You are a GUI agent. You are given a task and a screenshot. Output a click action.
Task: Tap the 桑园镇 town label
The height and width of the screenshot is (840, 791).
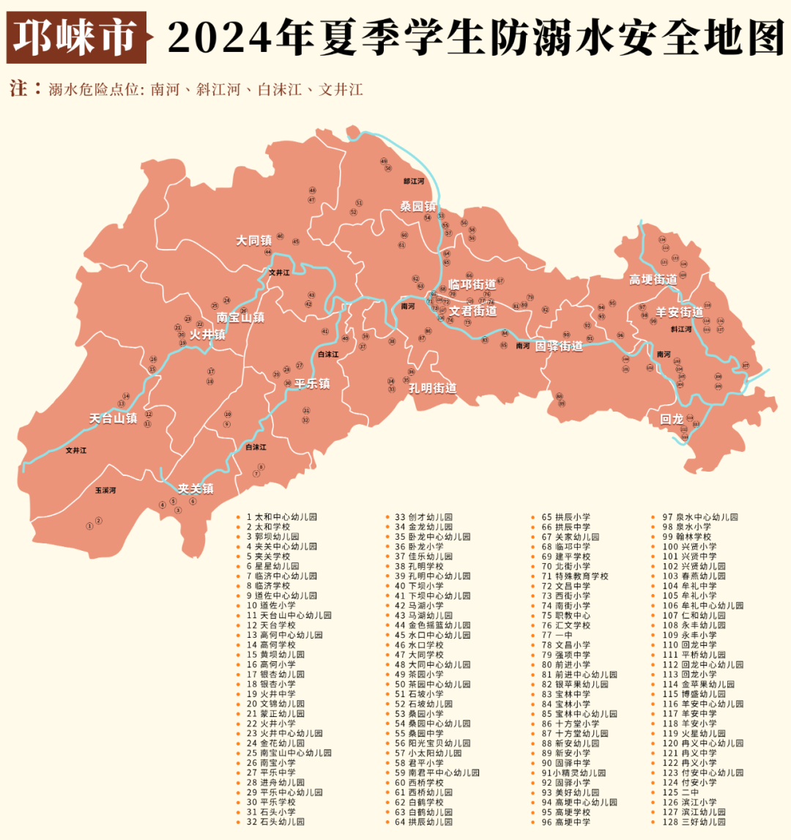pyautogui.click(x=417, y=207)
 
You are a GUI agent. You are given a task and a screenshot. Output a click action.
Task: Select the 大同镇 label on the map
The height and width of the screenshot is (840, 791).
pyautogui.click(x=253, y=239)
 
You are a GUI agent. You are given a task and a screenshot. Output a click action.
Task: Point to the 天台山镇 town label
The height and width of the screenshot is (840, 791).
pyautogui.click(x=113, y=419)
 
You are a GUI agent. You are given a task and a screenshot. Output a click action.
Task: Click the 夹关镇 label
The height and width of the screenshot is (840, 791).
pyautogui.click(x=196, y=488)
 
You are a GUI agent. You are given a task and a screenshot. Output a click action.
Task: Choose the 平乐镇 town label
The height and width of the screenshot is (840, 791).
pyautogui.click(x=308, y=384)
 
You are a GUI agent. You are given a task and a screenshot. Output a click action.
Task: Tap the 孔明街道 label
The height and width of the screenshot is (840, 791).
pyautogui.click(x=432, y=388)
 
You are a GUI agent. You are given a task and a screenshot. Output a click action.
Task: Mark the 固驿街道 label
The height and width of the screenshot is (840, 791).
pyautogui.click(x=559, y=346)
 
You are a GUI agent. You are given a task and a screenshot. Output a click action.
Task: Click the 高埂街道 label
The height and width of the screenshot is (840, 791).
pyautogui.click(x=653, y=280)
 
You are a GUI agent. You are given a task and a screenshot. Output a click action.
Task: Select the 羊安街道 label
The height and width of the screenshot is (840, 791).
pyautogui.click(x=679, y=313)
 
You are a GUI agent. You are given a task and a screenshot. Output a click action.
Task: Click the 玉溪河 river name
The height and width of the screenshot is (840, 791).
pyautogui.click(x=105, y=490)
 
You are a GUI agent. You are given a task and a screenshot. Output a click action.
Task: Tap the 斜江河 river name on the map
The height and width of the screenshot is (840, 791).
pyautogui.click(x=681, y=330)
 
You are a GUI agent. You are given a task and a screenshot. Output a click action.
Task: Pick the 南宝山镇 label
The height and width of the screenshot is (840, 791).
pyautogui.click(x=240, y=318)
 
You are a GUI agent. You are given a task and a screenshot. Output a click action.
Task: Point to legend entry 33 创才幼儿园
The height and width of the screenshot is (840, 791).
pyautogui.click(x=423, y=517)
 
